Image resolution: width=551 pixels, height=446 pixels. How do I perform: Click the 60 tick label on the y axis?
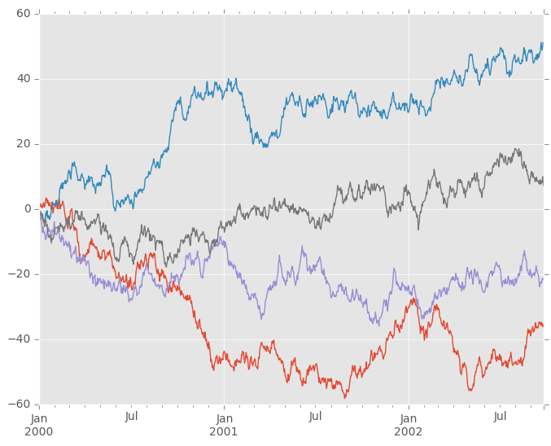[22, 14]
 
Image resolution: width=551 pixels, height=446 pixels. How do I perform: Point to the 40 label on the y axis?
[22, 79]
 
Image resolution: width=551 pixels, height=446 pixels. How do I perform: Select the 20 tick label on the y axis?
[22, 144]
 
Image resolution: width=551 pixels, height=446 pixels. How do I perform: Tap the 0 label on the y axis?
[26, 209]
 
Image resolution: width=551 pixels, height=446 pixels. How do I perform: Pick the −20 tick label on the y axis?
[19, 274]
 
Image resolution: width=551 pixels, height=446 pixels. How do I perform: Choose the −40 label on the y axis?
[19, 339]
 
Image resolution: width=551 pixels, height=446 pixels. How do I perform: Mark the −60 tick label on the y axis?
[19, 404]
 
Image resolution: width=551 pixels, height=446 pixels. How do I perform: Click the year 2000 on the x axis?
[40, 432]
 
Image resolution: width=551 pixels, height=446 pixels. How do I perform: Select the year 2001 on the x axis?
[224, 432]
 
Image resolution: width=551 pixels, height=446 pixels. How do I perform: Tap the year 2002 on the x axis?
[409, 432]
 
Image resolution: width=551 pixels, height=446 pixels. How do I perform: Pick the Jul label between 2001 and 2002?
[316, 418]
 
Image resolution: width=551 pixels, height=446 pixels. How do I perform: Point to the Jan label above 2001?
[224, 418]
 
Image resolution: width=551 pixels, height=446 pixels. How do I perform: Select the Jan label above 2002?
[409, 418]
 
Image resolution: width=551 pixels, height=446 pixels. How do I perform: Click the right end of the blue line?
[543, 43]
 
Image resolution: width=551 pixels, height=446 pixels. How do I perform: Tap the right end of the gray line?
[543, 181]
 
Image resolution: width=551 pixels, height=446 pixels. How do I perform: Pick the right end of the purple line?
[543, 278]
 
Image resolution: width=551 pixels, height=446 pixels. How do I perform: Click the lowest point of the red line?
[346, 397]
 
